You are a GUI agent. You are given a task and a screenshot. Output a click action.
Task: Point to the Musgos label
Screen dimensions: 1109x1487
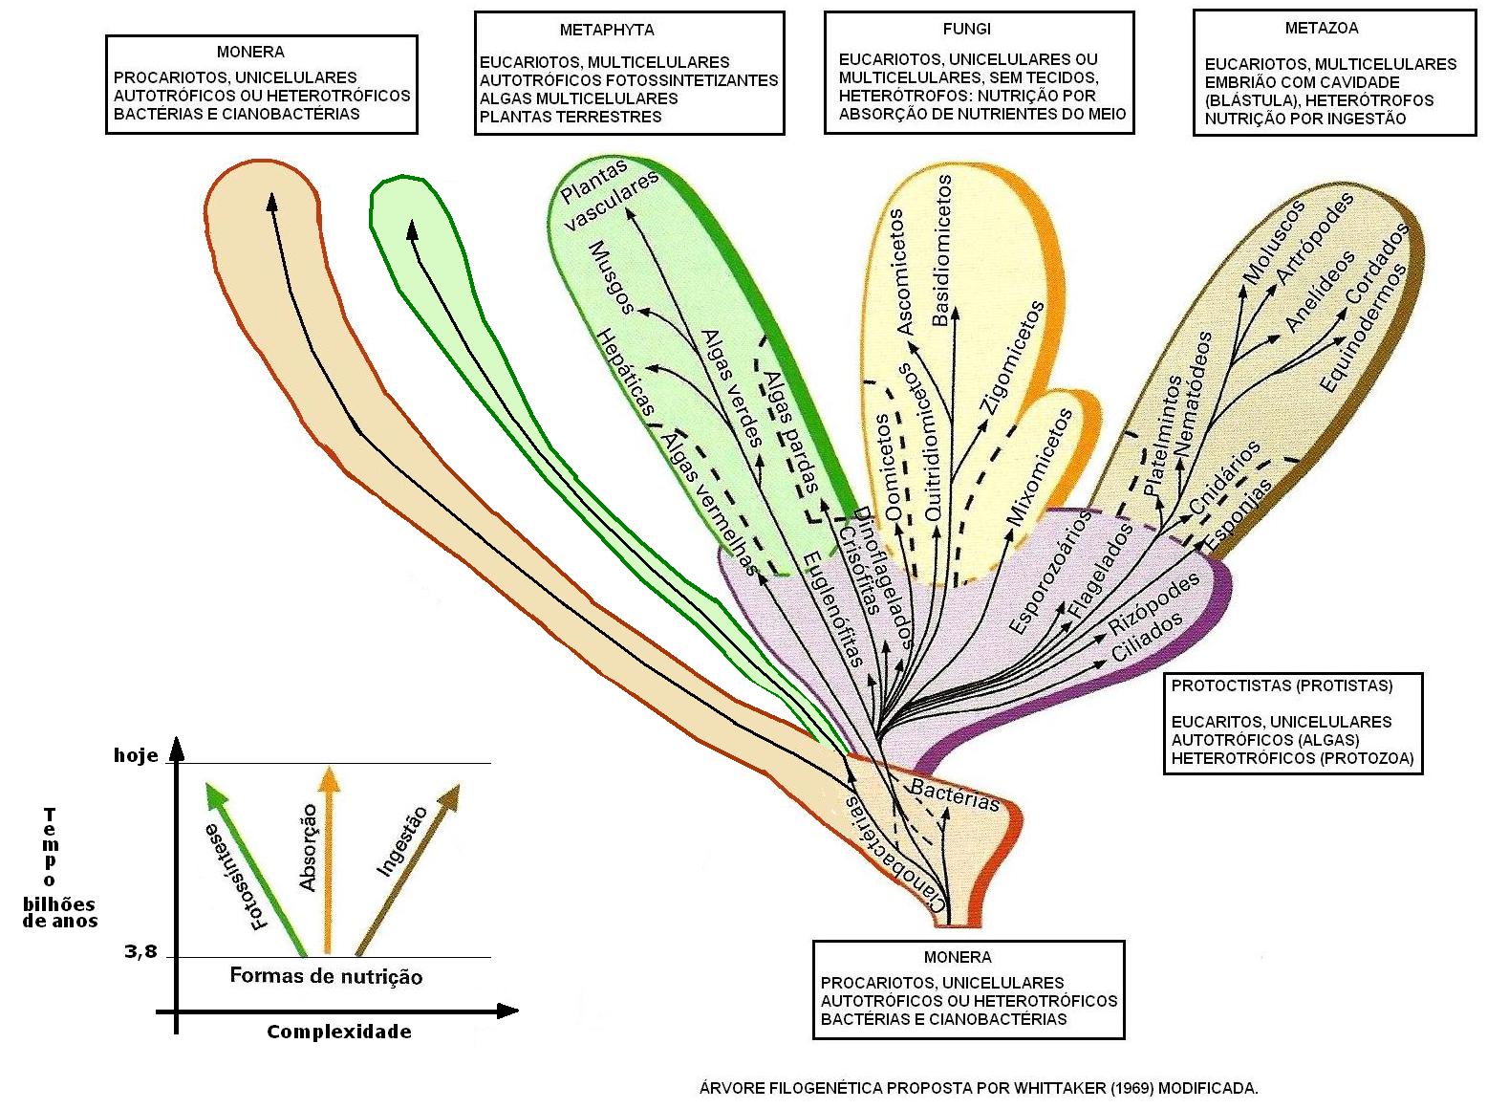(612, 276)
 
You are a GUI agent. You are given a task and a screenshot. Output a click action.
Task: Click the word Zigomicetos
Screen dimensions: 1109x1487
(1012, 357)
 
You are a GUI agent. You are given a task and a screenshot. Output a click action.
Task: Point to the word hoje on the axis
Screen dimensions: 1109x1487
(136, 755)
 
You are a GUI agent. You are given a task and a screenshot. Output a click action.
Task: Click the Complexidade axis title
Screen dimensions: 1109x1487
(338, 1032)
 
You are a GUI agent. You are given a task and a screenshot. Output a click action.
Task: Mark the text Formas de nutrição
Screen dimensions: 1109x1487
(326, 976)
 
